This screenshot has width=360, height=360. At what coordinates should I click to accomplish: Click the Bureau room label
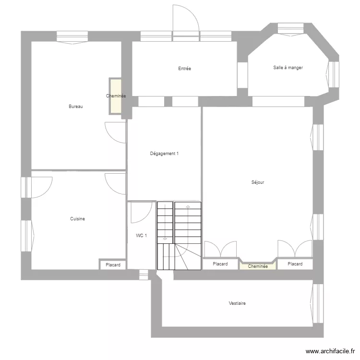coord(76,107)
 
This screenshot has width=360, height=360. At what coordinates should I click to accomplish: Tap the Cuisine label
coord(77,219)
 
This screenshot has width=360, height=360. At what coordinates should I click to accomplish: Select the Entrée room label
coord(184,69)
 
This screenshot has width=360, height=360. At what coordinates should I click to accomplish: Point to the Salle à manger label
coord(288,68)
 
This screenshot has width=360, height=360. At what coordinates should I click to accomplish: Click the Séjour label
coord(258,182)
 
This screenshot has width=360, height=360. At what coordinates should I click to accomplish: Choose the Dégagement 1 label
coord(164,154)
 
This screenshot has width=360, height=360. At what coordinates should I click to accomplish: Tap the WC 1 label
coord(142,236)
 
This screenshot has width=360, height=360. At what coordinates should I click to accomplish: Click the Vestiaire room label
coord(238,303)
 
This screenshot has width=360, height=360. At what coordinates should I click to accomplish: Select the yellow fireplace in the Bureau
coord(115,96)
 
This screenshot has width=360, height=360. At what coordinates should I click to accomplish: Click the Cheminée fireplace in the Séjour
coord(258,265)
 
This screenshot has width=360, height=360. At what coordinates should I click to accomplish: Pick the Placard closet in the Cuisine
coord(113,264)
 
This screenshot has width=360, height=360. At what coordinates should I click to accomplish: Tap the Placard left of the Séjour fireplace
coord(220,264)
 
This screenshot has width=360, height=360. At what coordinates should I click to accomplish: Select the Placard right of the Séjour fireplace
coord(295,264)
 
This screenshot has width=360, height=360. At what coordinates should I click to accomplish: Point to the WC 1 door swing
coord(141,213)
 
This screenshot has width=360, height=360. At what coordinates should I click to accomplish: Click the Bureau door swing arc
coord(115,132)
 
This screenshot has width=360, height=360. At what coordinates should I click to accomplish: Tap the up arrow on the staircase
coord(188,207)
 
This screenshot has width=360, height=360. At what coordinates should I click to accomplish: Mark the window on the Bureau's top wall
coord(72,36)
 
